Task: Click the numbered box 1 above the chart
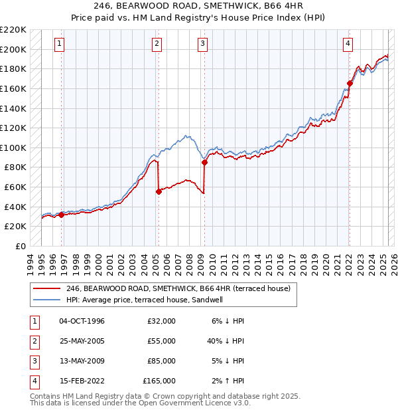(60, 45)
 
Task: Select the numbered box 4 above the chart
(348, 45)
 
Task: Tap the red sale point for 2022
(349, 83)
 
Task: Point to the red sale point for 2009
(204, 162)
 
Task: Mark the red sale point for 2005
(159, 191)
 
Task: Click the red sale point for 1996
(61, 214)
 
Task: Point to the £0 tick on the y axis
(21, 246)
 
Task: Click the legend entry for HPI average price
(145, 300)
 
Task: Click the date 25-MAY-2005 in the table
(82, 341)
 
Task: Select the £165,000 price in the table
(159, 381)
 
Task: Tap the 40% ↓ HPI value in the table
(226, 341)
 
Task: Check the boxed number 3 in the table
(33, 361)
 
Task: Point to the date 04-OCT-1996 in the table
(82, 321)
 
